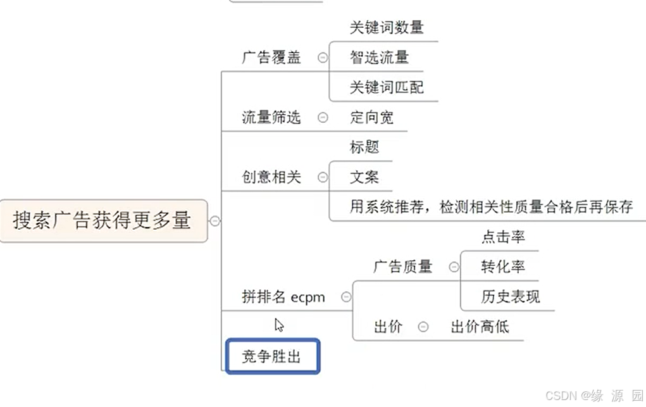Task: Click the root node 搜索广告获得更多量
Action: tap(102, 221)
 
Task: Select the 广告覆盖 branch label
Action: tap(271, 58)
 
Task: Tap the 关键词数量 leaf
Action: tap(387, 27)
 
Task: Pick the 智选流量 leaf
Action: tap(380, 58)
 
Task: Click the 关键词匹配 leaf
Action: tap(387, 87)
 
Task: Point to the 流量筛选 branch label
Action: tap(271, 117)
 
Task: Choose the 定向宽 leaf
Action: tap(372, 117)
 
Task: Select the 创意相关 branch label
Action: tap(271, 177)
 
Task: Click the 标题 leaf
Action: tap(364, 147)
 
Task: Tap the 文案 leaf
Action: tap(364, 177)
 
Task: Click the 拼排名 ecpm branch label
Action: tap(283, 297)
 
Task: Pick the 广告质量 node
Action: tap(402, 266)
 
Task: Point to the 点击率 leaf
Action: tap(503, 237)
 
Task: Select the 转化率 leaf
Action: tap(503, 266)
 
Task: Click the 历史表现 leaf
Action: tap(511, 296)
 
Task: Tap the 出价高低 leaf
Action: tap(480, 327)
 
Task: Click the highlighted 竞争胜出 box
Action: tap(273, 357)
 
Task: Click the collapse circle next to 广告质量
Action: tap(454, 267)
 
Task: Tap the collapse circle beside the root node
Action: tap(215, 221)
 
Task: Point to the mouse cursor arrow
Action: tap(278, 325)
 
